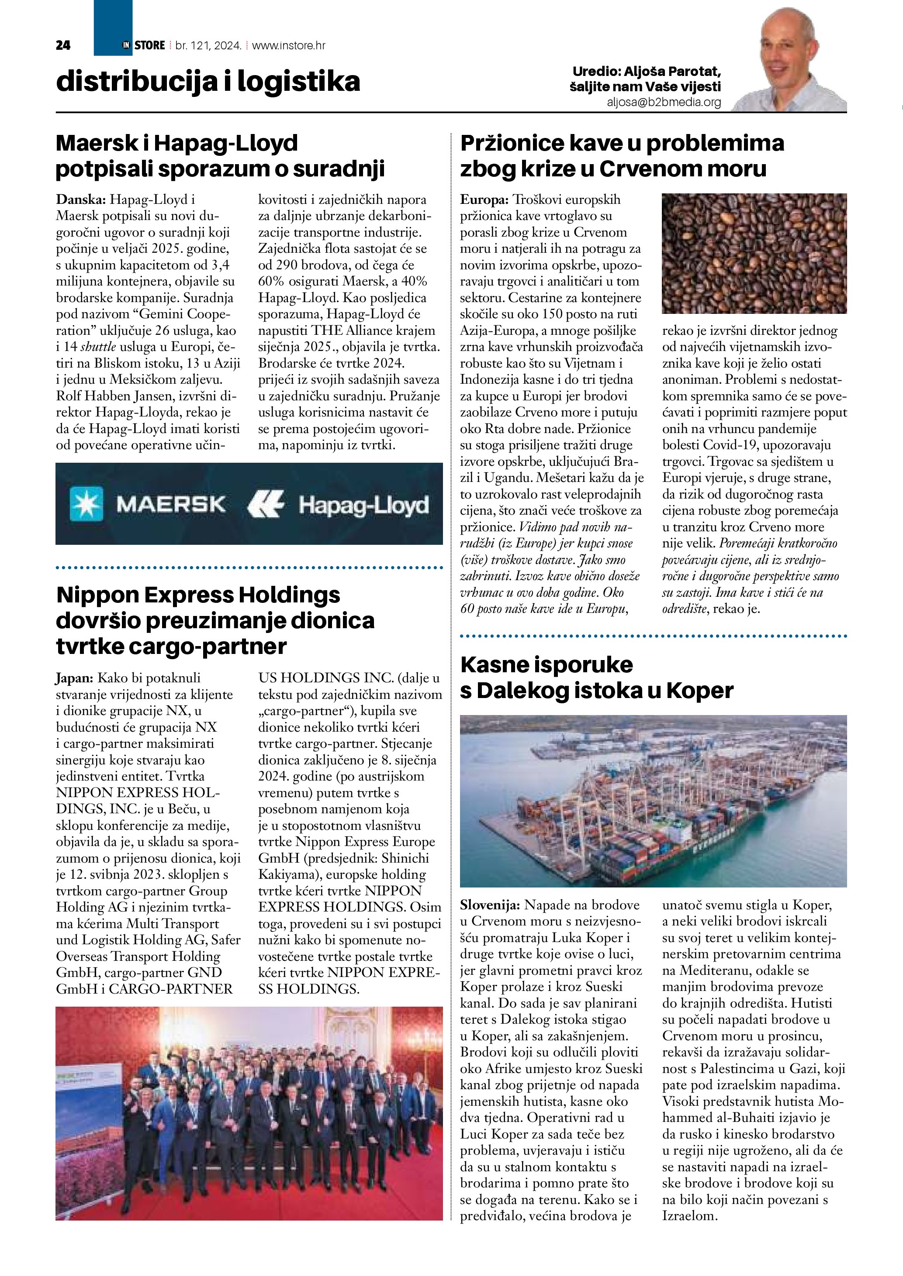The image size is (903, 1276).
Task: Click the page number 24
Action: click(63, 45)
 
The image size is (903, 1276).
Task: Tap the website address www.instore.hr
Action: click(289, 45)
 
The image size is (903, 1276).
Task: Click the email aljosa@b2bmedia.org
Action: click(664, 102)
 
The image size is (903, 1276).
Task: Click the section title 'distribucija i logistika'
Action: click(208, 81)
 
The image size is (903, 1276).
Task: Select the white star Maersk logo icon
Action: click(86, 503)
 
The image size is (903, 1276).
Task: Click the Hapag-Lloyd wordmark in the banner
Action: click(363, 505)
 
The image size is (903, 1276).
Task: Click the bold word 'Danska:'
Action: click(81, 199)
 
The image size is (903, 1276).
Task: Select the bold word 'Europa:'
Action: click(484, 199)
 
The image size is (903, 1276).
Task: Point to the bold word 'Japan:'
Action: click(75, 678)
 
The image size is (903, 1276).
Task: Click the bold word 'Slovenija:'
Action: click(490, 905)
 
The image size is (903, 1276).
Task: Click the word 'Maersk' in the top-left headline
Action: click(96, 143)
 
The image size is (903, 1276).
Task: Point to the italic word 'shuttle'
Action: click(98, 347)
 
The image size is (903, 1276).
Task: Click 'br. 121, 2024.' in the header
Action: click(208, 45)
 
